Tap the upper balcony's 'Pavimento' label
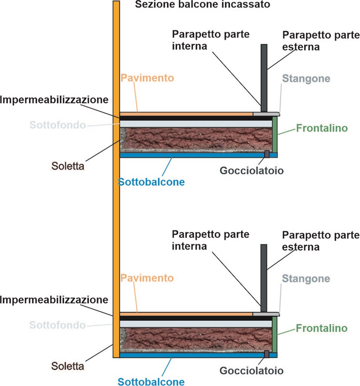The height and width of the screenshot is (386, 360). point(147,78)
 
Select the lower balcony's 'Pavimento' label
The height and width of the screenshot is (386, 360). point(147,278)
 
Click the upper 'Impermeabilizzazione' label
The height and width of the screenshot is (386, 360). point(54,100)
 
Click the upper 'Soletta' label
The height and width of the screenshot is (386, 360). point(67,165)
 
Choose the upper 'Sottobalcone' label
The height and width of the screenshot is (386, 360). point(151,182)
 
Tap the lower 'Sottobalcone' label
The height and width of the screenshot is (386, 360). point(151,381)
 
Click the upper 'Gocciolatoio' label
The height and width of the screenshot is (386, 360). point(251,170)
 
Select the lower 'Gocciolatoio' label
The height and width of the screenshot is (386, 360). point(251,371)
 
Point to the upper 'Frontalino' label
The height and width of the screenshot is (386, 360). point(322,129)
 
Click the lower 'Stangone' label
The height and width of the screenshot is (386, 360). point(306,279)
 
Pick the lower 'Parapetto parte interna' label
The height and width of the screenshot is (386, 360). point(211,240)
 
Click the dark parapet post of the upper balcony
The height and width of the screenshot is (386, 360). point(264,75)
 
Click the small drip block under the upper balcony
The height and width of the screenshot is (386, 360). point(267,154)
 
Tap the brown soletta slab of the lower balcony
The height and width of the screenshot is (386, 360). point(196,339)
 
